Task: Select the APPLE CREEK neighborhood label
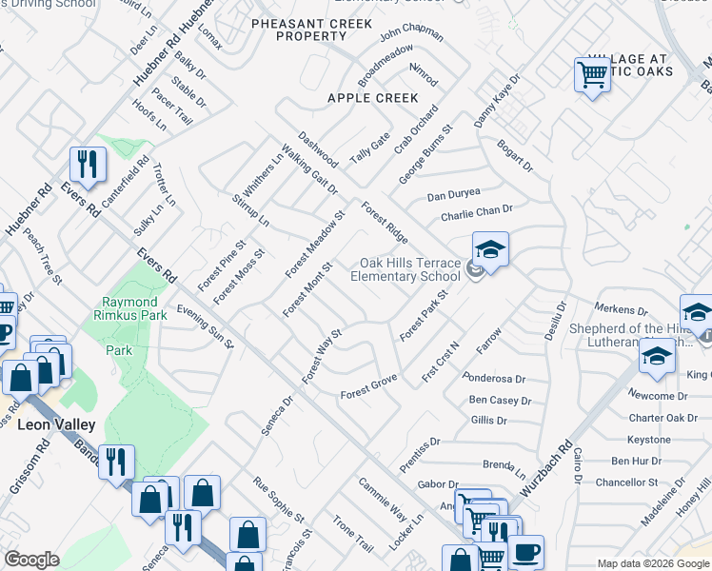[372, 98]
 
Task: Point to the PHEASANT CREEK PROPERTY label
[298, 30]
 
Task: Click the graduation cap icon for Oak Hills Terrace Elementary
[490, 250]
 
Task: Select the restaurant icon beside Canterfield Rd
[88, 165]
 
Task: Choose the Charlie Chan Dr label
[476, 213]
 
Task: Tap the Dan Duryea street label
[453, 194]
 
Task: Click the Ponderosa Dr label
[493, 378]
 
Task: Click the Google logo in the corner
[31, 560]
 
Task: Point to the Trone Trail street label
[352, 534]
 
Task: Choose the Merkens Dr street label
[620, 309]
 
